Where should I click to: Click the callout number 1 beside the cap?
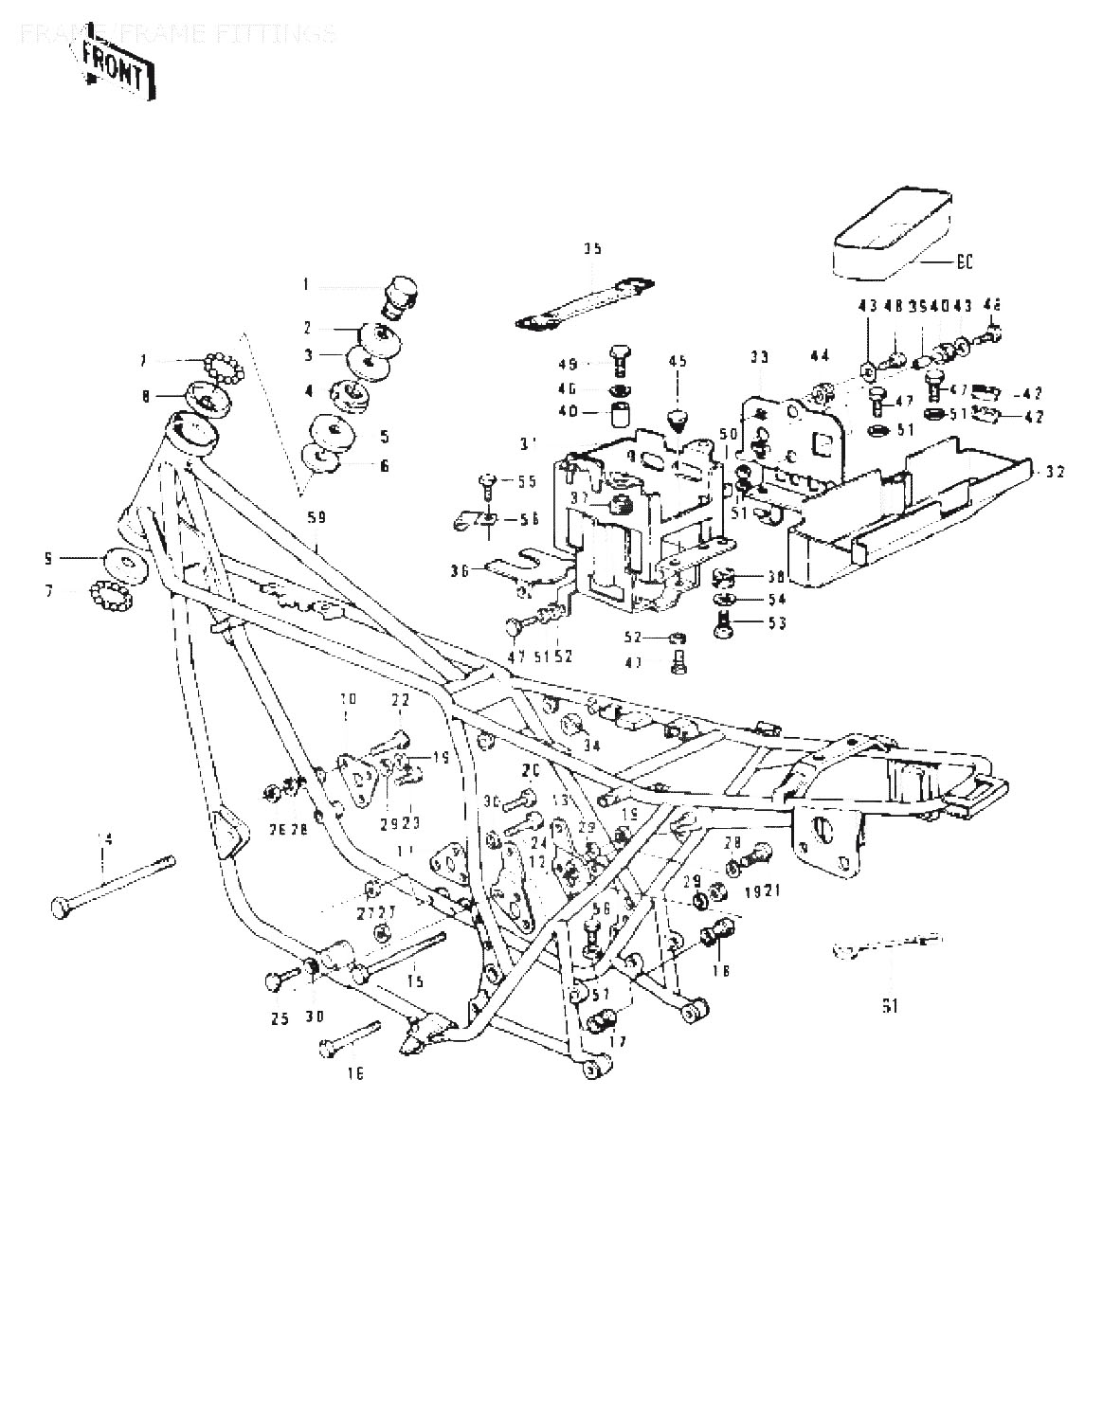click(306, 284)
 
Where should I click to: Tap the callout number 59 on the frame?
click(315, 517)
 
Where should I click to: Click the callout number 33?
click(759, 357)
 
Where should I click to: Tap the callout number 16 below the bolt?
click(354, 1073)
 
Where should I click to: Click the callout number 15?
click(414, 981)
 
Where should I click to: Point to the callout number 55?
click(526, 481)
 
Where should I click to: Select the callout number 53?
click(776, 623)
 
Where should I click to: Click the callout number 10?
click(348, 699)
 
